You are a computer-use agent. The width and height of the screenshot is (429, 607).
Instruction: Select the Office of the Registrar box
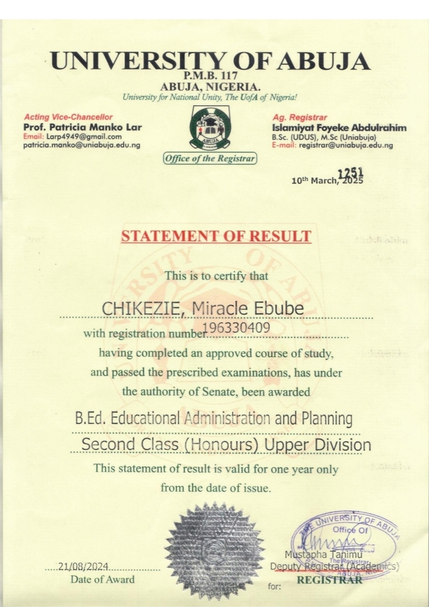point(210,159)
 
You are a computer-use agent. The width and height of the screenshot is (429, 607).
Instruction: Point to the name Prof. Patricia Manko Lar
point(82,127)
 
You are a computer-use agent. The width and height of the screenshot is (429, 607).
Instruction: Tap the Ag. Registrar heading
point(300,118)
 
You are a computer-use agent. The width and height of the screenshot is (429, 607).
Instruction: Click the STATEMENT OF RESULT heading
point(216,236)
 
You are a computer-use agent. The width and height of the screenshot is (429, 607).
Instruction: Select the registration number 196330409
point(238,327)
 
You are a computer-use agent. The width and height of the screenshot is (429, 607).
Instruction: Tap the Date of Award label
point(102,579)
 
